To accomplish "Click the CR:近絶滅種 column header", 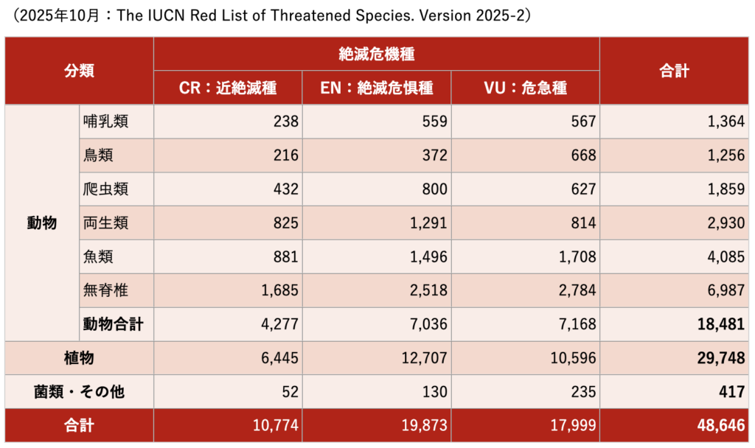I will pos(228,88).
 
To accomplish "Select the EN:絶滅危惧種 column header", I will pos(376,88).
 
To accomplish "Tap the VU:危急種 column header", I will pos(525,88).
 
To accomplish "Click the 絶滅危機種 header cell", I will pos(376,53).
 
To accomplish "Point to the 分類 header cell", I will pos(79,71).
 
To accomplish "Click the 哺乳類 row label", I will pos(106,122).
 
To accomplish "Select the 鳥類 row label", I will pos(99,155).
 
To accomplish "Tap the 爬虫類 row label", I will pos(106,189).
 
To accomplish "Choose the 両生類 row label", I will pos(106,223).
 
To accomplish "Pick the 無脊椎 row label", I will pos(106,290).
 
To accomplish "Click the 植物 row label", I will pos(79,358).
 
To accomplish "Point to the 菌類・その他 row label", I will pos(79,392).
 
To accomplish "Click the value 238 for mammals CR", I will pos(285,122).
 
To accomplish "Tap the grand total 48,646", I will pos(721,426).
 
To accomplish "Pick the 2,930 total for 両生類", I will pos(726,223).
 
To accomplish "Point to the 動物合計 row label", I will pos(114,324).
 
